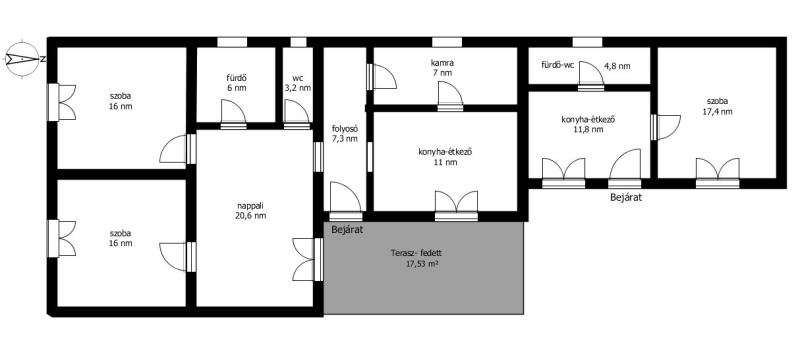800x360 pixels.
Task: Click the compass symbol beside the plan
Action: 22,59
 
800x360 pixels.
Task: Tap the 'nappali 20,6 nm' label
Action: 251,211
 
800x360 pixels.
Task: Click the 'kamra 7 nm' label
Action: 442,68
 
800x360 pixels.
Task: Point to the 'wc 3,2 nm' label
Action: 297,83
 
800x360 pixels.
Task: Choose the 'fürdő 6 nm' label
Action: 237,83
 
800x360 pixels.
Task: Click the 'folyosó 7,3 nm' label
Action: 344,134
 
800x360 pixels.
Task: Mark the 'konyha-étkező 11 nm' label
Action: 442,157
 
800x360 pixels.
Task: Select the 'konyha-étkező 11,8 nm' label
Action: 590,124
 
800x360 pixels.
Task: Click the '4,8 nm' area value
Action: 617,65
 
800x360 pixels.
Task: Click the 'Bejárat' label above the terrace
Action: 347,229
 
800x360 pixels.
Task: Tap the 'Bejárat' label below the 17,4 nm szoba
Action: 626,197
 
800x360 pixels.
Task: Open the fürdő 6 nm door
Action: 234,114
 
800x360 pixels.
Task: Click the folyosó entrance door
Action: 346,201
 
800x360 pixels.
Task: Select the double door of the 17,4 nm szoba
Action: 717,173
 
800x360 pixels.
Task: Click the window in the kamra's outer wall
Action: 447,42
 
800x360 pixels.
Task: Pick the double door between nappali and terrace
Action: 308,259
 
